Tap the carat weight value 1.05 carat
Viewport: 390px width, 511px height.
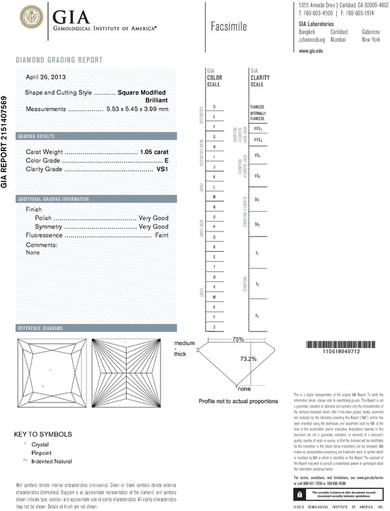pyautogui.click(x=154, y=151)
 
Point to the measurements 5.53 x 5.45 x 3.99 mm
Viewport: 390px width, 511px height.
pyautogui.click(x=138, y=109)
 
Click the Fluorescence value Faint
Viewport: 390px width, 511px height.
pyautogui.click(x=162, y=235)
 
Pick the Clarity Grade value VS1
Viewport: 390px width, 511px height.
pyautogui.click(x=163, y=168)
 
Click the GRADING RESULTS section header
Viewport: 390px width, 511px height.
pyautogui.click(x=37, y=136)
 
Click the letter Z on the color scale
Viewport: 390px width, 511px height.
pyautogui.click(x=214, y=326)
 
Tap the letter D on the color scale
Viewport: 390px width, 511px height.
pyautogui.click(x=214, y=107)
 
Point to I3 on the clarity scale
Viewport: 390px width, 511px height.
pyautogui.click(x=257, y=315)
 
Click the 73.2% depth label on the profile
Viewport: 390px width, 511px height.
pyautogui.click(x=248, y=359)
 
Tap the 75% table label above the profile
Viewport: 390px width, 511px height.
pyautogui.click(x=238, y=339)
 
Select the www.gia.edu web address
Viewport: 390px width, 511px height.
pyautogui.click(x=311, y=52)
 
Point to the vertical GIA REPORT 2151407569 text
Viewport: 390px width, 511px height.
pyautogui.click(x=5, y=141)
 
